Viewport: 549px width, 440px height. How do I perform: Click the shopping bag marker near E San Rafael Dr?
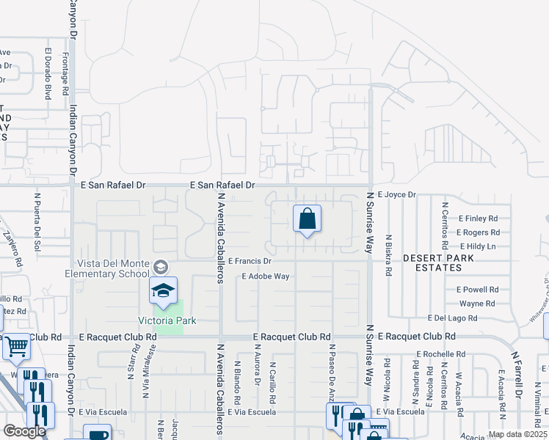point(308,219)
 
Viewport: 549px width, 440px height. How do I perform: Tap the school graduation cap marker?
point(164,292)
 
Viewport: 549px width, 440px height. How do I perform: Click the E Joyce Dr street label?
point(397,195)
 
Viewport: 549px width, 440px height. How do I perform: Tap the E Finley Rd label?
point(478,219)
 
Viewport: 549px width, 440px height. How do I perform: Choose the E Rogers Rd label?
point(478,232)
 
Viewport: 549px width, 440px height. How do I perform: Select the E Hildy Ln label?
point(477,246)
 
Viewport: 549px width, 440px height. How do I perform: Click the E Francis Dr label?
point(250,261)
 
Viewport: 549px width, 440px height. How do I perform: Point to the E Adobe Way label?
point(266,276)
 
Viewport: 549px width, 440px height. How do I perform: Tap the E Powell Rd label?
point(477,290)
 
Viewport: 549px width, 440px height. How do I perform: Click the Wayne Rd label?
point(477,304)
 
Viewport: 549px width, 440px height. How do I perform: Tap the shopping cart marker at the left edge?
point(16,345)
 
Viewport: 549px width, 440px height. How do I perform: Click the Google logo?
point(24,431)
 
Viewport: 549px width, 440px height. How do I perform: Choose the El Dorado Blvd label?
point(48,73)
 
